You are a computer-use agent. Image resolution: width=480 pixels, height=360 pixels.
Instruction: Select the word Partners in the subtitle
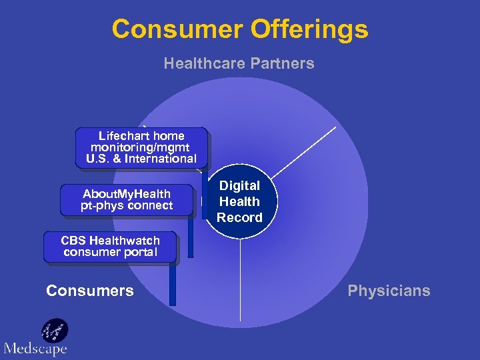pyautogui.click(x=285, y=64)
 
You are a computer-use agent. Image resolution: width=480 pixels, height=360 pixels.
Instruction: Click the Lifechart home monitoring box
pyautogui.click(x=141, y=147)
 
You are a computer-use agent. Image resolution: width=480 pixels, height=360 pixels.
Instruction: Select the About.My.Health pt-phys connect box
pyautogui.click(x=127, y=200)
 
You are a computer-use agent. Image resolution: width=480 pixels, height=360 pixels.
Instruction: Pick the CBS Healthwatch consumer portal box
pyautogui.click(x=111, y=247)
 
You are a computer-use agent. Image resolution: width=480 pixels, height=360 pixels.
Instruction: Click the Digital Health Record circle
pyautogui.click(x=240, y=201)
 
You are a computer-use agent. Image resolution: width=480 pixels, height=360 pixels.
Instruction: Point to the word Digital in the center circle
pyautogui.click(x=240, y=185)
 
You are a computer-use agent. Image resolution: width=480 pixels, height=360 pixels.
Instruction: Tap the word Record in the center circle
pyautogui.click(x=240, y=217)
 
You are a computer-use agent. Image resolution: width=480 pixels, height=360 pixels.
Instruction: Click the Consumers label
pyautogui.click(x=89, y=291)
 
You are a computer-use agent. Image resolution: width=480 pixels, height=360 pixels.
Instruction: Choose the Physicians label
pyautogui.click(x=389, y=291)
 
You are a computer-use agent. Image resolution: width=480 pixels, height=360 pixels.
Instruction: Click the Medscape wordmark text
pyautogui.click(x=35, y=348)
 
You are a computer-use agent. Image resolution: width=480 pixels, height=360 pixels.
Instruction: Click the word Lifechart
pyautogui.click(x=123, y=135)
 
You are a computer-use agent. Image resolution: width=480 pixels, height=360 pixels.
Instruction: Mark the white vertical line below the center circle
pyautogui.click(x=240, y=280)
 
